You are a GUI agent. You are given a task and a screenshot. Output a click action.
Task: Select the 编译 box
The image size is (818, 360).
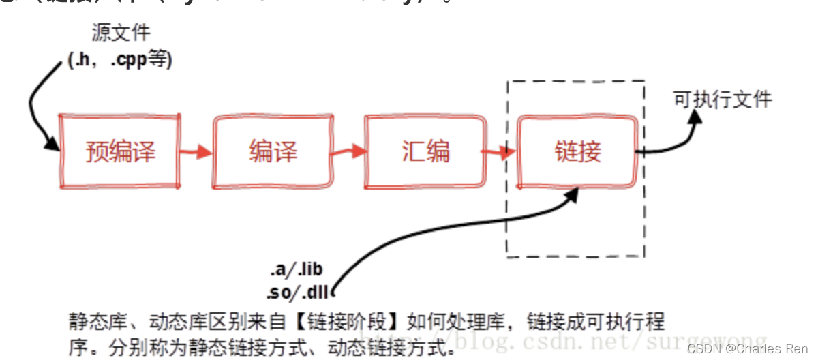pyautogui.click(x=273, y=151)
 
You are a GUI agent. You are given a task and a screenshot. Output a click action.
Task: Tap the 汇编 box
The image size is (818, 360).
pyautogui.click(x=425, y=151)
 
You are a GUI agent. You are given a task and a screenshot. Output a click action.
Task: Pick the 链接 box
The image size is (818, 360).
pyautogui.click(x=577, y=151)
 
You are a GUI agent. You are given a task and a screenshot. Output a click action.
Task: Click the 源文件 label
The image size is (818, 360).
pyautogui.click(x=121, y=33)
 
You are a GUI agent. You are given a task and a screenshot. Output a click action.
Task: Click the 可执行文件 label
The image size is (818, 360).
pyautogui.click(x=723, y=100)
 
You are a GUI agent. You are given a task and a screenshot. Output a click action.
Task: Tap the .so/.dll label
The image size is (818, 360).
pyautogui.click(x=297, y=293)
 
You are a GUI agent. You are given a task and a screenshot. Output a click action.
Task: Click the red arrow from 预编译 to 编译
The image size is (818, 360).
pyautogui.click(x=196, y=152)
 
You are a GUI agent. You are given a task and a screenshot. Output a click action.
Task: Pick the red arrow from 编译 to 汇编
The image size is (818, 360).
pyautogui.click(x=348, y=152)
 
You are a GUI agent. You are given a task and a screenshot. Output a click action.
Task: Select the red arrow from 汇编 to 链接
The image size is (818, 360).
pyautogui.click(x=500, y=152)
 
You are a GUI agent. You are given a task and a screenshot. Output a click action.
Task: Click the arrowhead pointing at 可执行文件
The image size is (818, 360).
pyautogui.click(x=695, y=117)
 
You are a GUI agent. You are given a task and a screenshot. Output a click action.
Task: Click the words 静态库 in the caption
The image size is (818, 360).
pyautogui.click(x=91, y=321)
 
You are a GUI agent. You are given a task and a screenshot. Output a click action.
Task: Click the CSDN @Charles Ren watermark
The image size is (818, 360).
pyautogui.click(x=747, y=349)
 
